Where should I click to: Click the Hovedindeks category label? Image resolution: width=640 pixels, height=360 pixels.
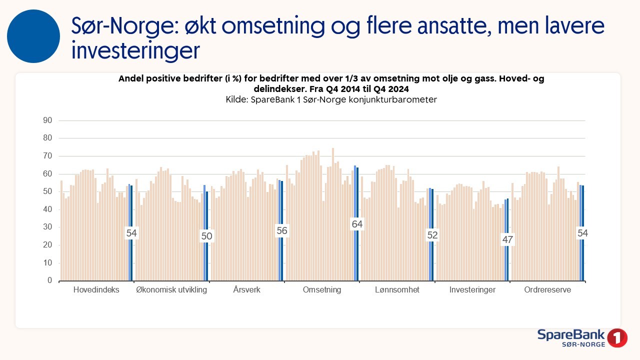pyautogui.click(x=96, y=290)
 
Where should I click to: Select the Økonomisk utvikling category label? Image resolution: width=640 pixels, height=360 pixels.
pyautogui.click(x=171, y=290)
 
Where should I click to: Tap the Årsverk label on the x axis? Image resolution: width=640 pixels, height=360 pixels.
pyautogui.click(x=247, y=290)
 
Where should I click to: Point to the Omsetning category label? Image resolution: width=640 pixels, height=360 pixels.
pyautogui.click(x=322, y=290)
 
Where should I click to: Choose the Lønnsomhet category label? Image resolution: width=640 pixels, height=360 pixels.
pyautogui.click(x=397, y=290)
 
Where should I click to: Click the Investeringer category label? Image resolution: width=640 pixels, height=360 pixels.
pyautogui.click(x=472, y=290)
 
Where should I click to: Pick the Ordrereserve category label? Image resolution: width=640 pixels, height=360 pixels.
pyautogui.click(x=547, y=290)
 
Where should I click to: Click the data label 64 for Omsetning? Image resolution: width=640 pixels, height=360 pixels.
pyautogui.click(x=357, y=224)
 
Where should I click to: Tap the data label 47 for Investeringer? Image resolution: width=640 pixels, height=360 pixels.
pyautogui.click(x=507, y=240)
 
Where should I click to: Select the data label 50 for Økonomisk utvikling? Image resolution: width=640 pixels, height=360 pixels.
pyautogui.click(x=206, y=236)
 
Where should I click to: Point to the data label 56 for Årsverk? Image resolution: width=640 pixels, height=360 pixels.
pyautogui.click(x=282, y=230)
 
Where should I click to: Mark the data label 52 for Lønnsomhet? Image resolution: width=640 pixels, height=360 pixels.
pyautogui.click(x=432, y=235)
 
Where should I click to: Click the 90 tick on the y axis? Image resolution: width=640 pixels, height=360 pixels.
pyautogui.click(x=48, y=120)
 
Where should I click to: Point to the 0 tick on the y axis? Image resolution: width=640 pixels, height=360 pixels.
pyautogui.click(x=50, y=281)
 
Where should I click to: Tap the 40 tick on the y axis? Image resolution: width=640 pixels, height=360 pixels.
pyautogui.click(x=48, y=209)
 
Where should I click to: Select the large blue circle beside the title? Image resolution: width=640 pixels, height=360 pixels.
pyautogui.click(x=33, y=36)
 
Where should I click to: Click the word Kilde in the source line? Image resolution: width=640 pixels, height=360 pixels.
pyautogui.click(x=236, y=99)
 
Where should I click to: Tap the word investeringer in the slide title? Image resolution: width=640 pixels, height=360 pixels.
pyautogui.click(x=135, y=50)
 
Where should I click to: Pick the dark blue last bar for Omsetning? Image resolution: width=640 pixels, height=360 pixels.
pyautogui.click(x=357, y=224)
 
